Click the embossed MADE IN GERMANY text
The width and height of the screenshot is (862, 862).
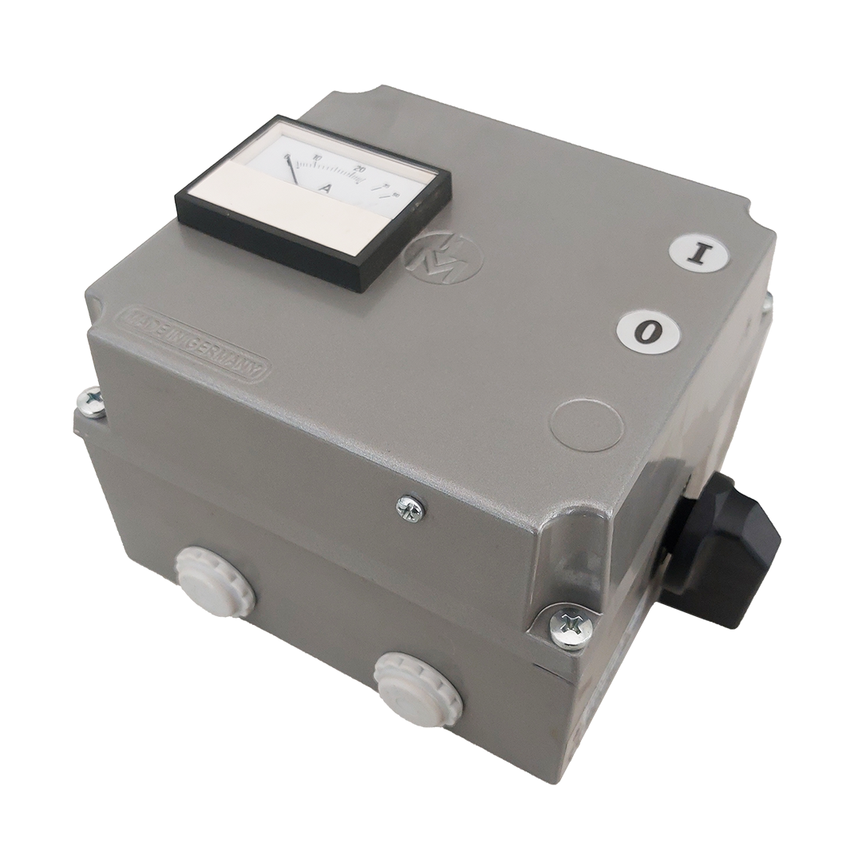[192, 342]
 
